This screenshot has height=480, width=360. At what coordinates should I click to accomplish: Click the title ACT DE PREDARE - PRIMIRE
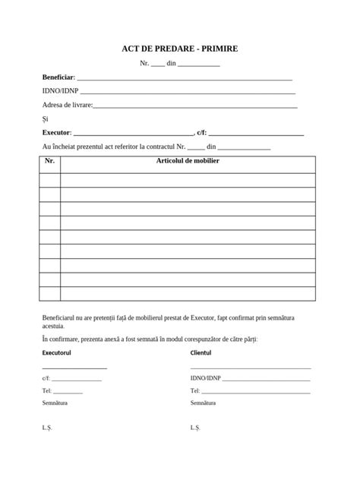180,49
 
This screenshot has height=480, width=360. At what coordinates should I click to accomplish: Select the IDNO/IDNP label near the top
55,91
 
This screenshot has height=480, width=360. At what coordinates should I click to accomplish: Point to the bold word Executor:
57,132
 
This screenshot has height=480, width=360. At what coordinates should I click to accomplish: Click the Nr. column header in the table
50,161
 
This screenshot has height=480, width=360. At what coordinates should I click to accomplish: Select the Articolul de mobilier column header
188,161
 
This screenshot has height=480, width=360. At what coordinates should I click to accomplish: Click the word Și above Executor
46,118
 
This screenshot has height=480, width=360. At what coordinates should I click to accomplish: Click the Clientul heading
201,353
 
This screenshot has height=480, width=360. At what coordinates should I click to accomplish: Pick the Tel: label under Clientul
194,390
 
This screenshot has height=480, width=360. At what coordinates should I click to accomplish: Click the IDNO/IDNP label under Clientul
205,377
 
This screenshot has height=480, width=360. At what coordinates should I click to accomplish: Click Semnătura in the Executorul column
55,403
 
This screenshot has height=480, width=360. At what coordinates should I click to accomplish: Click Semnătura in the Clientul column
203,403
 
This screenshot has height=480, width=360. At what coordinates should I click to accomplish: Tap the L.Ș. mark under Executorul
46,428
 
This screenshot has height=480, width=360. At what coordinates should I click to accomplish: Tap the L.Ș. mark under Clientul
194,428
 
